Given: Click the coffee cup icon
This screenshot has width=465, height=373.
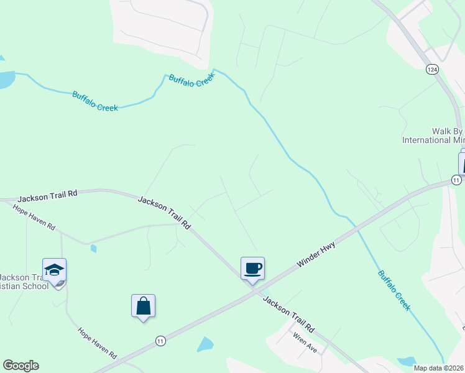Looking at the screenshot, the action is (x=252, y=269).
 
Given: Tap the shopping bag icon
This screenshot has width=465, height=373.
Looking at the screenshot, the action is (x=143, y=306).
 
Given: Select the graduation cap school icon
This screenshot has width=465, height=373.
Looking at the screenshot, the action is (x=54, y=270).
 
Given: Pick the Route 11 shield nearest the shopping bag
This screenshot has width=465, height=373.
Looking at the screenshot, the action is (x=161, y=341).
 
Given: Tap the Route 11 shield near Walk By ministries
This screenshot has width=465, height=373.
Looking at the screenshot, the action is (x=456, y=180).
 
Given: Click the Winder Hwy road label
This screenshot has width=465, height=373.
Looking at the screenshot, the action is (x=316, y=255).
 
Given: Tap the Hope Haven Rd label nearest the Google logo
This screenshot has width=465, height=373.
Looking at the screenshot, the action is (x=97, y=343).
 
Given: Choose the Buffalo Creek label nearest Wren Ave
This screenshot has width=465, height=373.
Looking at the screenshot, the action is (x=394, y=290).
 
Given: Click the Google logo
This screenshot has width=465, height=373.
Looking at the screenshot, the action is (x=21, y=366).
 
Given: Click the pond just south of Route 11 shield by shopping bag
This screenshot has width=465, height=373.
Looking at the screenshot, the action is (x=205, y=344).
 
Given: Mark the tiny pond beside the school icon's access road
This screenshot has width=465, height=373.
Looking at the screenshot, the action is (x=93, y=249).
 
